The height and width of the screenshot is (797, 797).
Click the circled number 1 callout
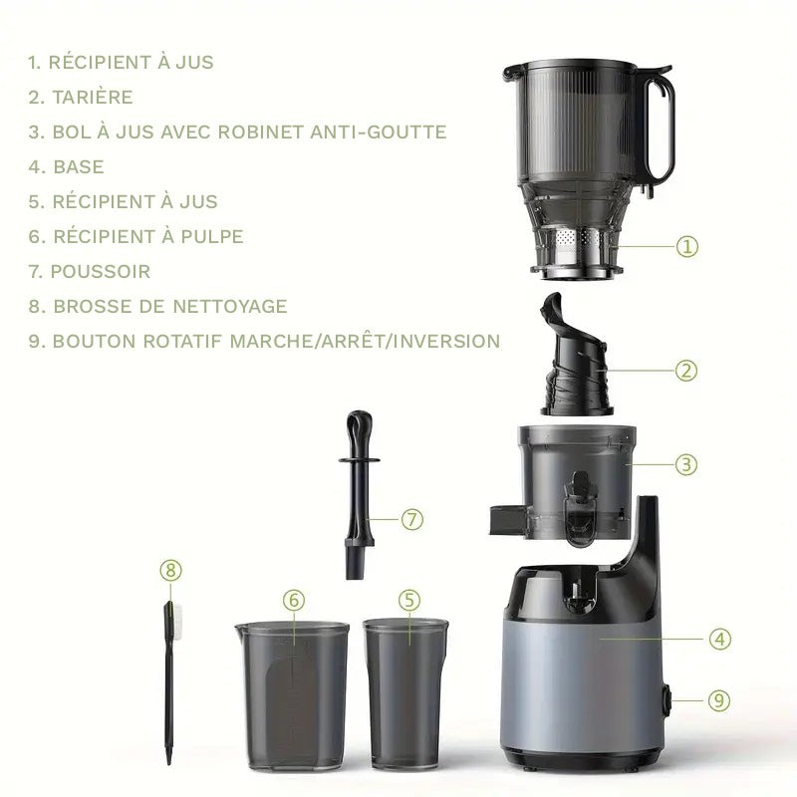(x=686, y=246)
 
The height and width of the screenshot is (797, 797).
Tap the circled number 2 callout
(x=686, y=371)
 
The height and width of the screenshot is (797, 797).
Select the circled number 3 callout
(x=686, y=464)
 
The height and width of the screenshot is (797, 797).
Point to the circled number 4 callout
(x=720, y=639)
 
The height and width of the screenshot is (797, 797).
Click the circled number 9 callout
(x=719, y=700)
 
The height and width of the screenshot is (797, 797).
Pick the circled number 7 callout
(x=412, y=519)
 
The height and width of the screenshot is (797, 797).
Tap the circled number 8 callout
(x=170, y=570)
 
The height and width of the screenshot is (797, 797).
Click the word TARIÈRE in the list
(x=93, y=97)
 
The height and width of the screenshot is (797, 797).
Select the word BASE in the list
(x=79, y=166)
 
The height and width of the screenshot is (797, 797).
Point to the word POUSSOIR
(x=101, y=271)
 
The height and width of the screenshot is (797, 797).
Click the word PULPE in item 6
(x=212, y=236)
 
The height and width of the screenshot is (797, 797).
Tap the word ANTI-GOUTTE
(x=379, y=133)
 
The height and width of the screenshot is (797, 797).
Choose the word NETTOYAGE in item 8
(x=230, y=307)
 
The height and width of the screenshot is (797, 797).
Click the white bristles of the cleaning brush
(x=177, y=618)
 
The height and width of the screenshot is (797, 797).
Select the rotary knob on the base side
(x=666, y=701)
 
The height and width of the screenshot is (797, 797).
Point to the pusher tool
(x=360, y=494)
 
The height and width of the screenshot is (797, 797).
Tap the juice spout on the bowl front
(x=580, y=508)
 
